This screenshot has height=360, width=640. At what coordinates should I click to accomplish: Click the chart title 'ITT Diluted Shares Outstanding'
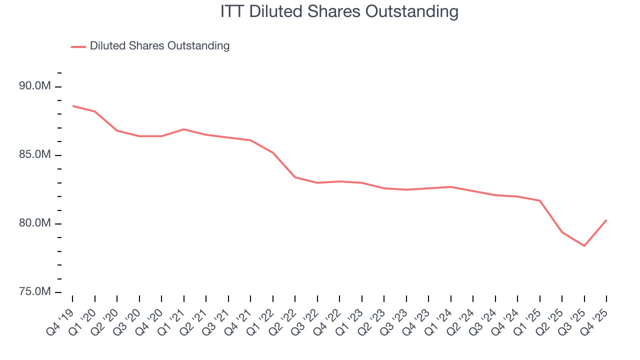(x=339, y=11)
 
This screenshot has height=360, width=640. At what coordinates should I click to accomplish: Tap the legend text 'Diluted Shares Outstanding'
(x=159, y=46)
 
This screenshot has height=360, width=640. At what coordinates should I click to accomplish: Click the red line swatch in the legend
(x=78, y=46)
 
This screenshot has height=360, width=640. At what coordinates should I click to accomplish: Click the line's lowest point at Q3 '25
(x=584, y=245)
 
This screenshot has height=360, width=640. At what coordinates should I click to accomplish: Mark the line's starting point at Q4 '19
(x=73, y=106)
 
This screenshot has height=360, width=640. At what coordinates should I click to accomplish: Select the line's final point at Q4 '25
(x=606, y=220)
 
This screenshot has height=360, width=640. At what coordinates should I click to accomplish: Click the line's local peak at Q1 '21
(x=184, y=129)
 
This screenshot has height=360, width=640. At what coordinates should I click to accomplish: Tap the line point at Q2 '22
(x=295, y=177)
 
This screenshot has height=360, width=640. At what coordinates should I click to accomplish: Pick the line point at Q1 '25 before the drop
(x=539, y=200)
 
